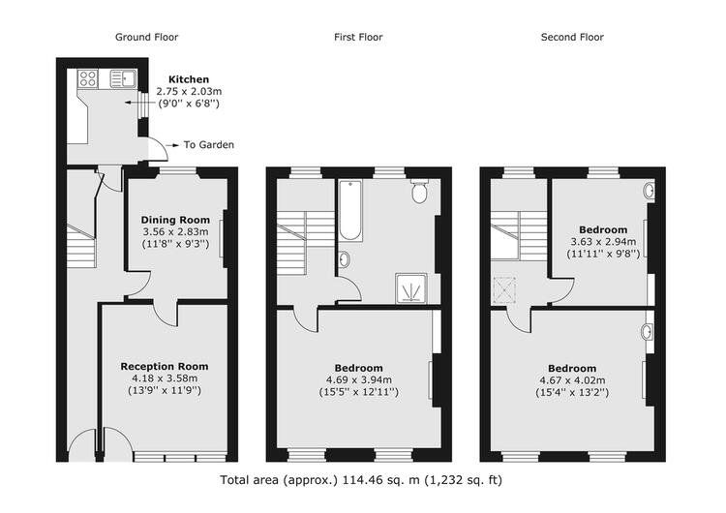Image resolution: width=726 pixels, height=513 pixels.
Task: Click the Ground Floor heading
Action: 146,37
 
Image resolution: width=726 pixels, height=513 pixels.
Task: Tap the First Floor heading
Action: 358,37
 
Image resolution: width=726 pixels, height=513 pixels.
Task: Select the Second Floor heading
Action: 572,37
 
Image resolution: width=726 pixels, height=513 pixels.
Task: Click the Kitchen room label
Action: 189,79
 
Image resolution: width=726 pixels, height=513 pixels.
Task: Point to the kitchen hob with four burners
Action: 88,78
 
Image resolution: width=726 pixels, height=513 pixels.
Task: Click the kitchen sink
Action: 123,78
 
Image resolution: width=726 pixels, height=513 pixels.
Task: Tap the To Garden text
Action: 209,145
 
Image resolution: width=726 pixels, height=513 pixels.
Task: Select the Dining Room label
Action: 175,220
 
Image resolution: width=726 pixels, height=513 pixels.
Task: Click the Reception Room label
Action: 165,366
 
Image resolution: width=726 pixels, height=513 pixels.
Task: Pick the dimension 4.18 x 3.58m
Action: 165,378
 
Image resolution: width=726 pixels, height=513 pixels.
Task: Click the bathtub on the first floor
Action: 350,210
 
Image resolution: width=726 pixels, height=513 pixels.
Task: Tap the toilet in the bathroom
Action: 419,192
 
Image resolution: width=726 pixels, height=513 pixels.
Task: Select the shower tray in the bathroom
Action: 411,288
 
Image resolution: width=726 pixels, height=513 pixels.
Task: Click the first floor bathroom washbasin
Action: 344,258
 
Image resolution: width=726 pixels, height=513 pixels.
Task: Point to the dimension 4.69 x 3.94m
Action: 359,380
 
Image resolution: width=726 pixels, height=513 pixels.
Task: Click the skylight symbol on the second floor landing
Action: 504,289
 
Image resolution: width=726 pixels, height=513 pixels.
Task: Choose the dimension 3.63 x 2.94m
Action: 603,242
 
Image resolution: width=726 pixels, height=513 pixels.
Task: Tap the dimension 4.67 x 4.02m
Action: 572,380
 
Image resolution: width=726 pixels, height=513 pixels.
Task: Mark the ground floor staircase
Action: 81,246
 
